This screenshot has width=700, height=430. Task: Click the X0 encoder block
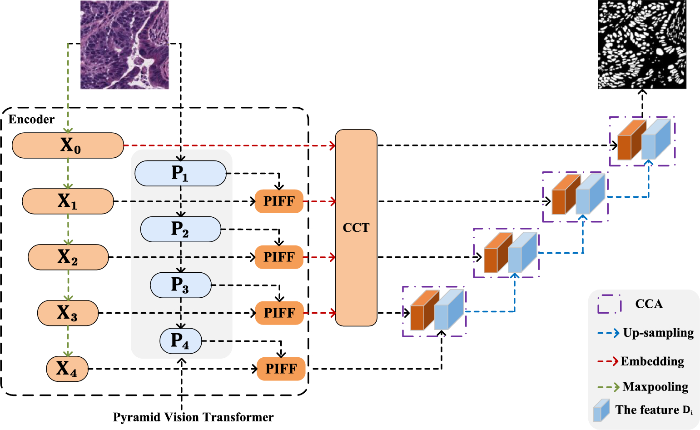coord(68,145)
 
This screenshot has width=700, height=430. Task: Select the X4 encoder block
coord(67,369)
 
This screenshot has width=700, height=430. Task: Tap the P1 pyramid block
coord(180,173)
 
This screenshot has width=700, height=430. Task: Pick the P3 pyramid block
coord(181,285)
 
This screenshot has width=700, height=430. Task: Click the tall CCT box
coord(356,228)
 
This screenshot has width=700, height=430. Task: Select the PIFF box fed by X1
coord(279,201)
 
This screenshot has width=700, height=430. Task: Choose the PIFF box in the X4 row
coord(281,369)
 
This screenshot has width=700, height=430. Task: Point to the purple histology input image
coord(124,45)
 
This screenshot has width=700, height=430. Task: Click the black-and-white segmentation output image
coord(642,45)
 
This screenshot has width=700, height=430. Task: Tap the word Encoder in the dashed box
coord(31,120)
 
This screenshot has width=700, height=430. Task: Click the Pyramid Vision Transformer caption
coord(193,417)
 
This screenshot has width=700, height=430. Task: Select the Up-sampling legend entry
coord(658,333)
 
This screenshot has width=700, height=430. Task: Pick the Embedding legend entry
coord(652,361)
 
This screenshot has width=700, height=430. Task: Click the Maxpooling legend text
coord(655,387)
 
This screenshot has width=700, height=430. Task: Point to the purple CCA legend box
coord(609,304)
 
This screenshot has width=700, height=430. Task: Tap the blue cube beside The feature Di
coord(601,410)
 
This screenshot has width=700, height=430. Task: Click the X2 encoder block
coord(68,257)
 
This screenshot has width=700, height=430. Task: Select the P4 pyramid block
coord(180,341)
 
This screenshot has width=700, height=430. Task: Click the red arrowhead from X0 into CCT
coord(333,145)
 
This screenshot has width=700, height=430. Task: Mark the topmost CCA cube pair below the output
coord(642,140)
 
